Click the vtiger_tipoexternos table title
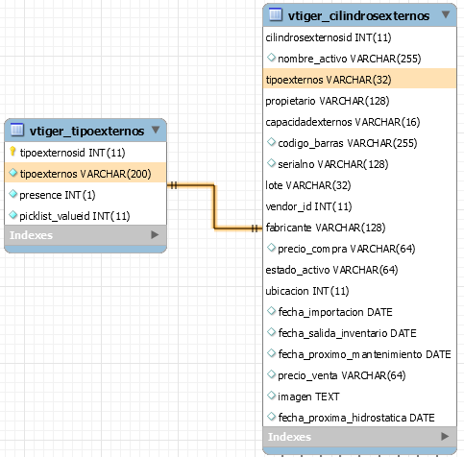[86, 131]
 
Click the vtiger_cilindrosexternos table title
[358, 15]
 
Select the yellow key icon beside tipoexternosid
[12, 152]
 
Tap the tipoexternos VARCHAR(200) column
[85, 174]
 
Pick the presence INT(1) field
[58, 195]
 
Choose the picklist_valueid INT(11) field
[75, 216]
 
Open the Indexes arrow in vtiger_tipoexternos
[155, 234]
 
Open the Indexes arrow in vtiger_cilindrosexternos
[445, 436]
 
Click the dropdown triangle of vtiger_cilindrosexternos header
[446, 14]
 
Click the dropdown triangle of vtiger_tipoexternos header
[156, 130]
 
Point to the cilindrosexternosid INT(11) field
[329, 37]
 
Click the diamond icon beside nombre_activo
[271, 58]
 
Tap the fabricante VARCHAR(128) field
[326, 228]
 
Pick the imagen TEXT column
[308, 397]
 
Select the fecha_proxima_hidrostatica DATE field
[356, 418]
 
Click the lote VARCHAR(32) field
[308, 185]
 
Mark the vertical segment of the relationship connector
[214, 206]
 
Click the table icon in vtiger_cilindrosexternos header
[276, 14]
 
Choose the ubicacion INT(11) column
[307, 291]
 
